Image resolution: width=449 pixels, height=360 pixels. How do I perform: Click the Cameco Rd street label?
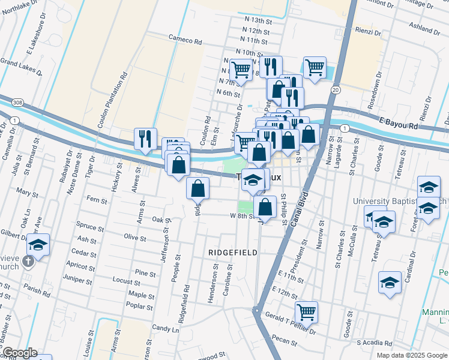click(x=185, y=41)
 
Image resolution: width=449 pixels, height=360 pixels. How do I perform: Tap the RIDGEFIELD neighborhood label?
click(x=233, y=253)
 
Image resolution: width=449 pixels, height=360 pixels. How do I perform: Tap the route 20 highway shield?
click(x=335, y=89)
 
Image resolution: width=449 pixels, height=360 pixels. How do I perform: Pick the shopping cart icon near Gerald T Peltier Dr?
click(x=306, y=311)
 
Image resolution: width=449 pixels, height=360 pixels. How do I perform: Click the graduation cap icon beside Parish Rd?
click(x=37, y=245)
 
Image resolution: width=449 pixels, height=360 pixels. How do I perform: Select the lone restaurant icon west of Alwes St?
click(x=145, y=139)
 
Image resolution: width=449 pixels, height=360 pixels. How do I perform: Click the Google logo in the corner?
click(x=19, y=353)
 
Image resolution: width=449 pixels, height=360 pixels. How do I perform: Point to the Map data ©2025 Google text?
click(x=412, y=355)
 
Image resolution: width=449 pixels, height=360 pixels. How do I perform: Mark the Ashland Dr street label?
click(x=425, y=27)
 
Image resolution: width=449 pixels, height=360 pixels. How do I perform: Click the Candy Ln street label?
click(x=166, y=329)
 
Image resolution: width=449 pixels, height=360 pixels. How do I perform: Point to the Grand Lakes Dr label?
click(x=21, y=67)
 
